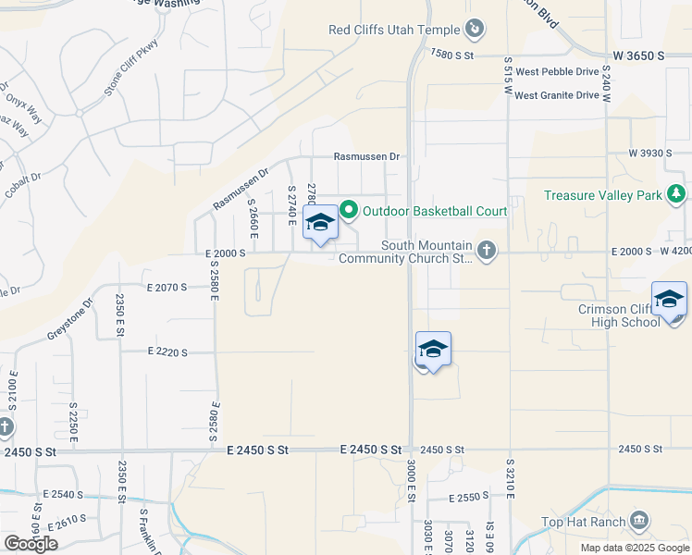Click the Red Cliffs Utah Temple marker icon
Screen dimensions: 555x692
475,30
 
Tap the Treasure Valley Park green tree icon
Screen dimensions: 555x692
677,194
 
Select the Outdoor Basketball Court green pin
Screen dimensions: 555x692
349,211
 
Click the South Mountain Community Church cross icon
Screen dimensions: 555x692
486,250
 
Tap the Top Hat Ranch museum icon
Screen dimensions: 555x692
638,522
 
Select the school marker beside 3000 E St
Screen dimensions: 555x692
432,350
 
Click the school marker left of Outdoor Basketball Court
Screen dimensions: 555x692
320,223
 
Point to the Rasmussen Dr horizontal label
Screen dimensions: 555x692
366,157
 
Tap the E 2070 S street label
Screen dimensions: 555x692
167,288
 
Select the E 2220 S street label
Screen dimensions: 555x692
167,352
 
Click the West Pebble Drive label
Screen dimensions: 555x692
557,71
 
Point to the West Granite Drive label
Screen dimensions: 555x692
557,95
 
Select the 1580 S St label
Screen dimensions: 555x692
451,55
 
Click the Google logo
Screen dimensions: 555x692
31,544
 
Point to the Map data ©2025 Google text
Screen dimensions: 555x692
634,548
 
